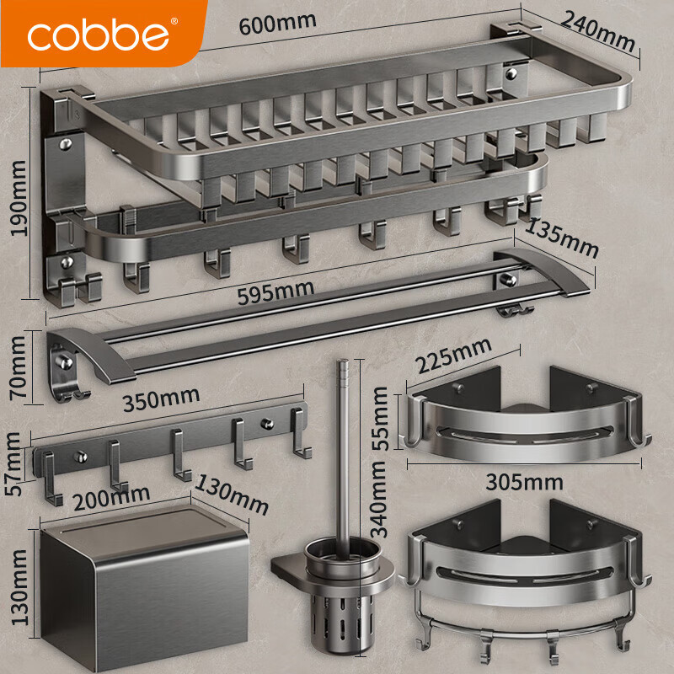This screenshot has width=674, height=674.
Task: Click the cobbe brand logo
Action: pos(99,35)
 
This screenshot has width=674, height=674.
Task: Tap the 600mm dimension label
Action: pos(277,24)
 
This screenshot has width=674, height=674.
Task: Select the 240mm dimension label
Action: pos(598,31)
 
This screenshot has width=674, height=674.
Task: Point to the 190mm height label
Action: pos(19,198)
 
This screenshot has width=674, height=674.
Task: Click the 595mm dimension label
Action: pos(275,292)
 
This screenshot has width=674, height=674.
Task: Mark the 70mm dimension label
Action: pos(19,367)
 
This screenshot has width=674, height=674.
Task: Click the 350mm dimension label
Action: pos(161,399)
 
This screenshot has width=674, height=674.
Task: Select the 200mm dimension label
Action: pos(111,498)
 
